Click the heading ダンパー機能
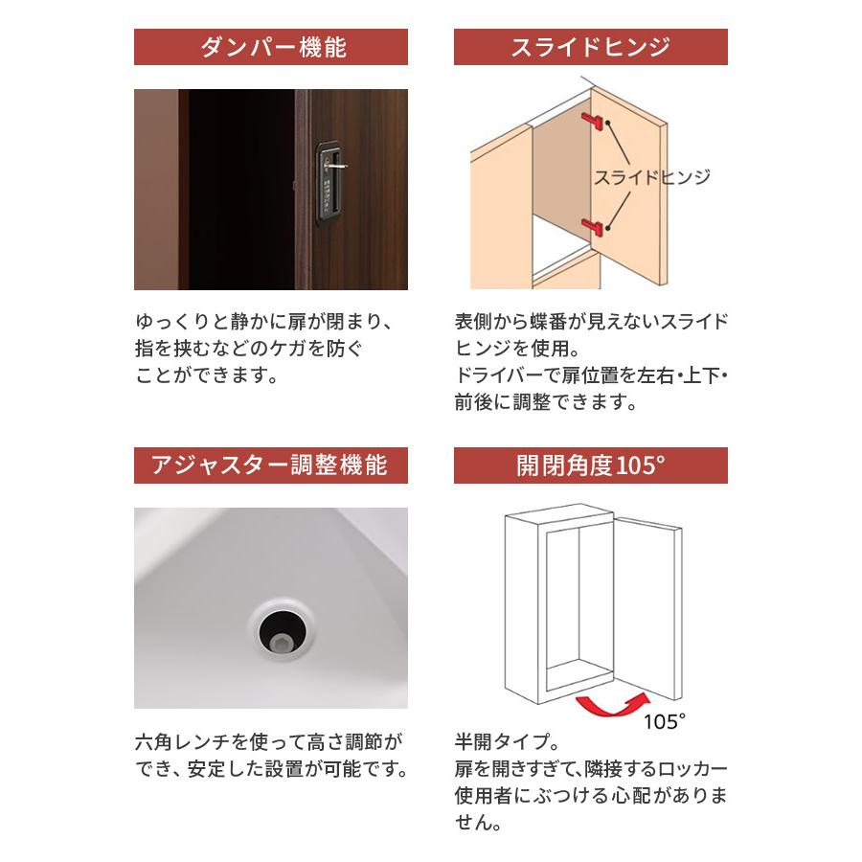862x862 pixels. tap(271, 47)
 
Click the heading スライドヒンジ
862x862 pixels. tap(590, 47)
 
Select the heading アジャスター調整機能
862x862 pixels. tap(271, 465)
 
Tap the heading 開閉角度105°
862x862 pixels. tap(590, 465)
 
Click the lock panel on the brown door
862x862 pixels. tap(329, 181)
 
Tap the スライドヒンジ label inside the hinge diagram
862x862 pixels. tap(652, 177)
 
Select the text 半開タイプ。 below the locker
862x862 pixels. tap(506, 742)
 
